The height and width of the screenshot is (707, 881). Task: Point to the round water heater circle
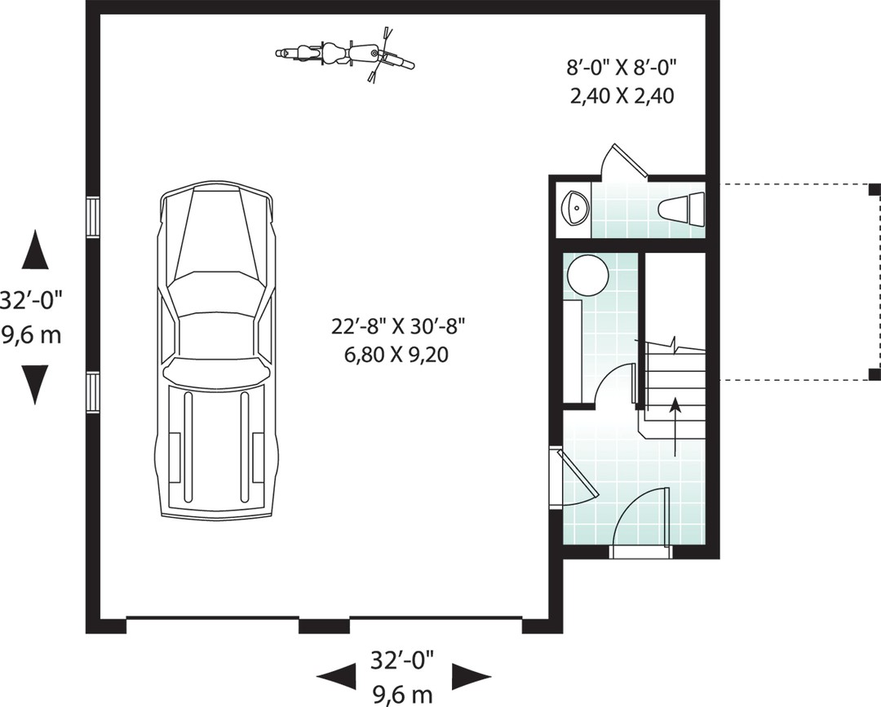[587, 276]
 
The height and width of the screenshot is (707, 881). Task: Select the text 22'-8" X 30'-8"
[399, 326]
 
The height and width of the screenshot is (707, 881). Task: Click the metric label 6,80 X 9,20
[396, 355]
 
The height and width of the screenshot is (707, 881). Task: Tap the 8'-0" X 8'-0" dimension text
[620, 68]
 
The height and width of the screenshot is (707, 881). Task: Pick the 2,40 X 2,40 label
[622, 96]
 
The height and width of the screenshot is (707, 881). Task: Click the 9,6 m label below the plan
[402, 696]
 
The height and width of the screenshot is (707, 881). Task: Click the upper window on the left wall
[93, 217]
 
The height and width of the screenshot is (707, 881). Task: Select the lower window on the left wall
[93, 393]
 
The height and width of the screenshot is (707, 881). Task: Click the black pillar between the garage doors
[324, 625]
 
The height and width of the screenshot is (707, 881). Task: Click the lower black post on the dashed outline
[874, 374]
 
